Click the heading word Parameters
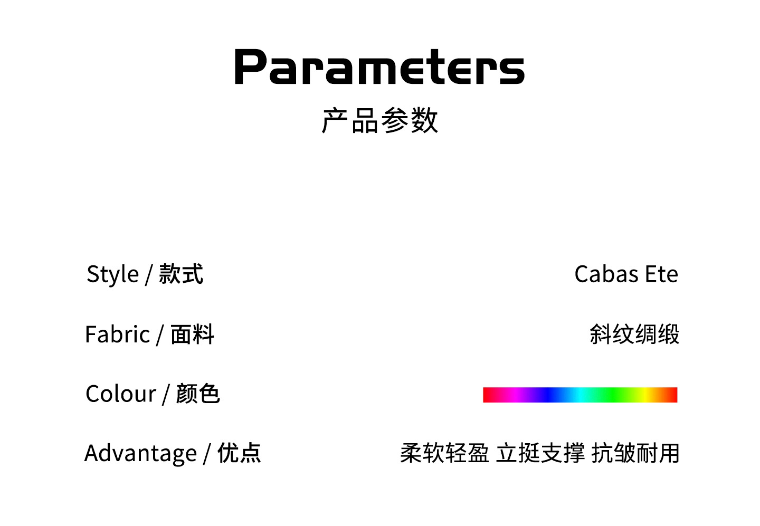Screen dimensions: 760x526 pos(379,66)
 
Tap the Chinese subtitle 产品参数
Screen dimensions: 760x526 pos(380,120)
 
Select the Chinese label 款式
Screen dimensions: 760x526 pos(181,274)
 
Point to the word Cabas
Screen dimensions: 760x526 pos(606,274)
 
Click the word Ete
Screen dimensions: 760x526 pos(662,274)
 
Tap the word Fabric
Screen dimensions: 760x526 pos(117,334)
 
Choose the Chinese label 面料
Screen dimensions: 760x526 pos(192,334)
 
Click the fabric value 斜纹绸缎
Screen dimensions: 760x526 pos(634,334)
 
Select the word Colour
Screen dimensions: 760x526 pos(121,394)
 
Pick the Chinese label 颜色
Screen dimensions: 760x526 pos(198,394)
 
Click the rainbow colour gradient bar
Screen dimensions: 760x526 pos(580,395)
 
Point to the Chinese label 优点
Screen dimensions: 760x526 pos(239,453)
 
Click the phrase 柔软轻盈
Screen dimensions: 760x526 pos(444,453)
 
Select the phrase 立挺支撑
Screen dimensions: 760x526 pos(540,453)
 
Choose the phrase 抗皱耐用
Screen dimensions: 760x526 pos(635,453)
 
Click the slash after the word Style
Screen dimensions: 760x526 pos(148,275)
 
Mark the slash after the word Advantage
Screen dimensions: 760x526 pos(207,454)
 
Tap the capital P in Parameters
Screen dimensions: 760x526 pos(250,66)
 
